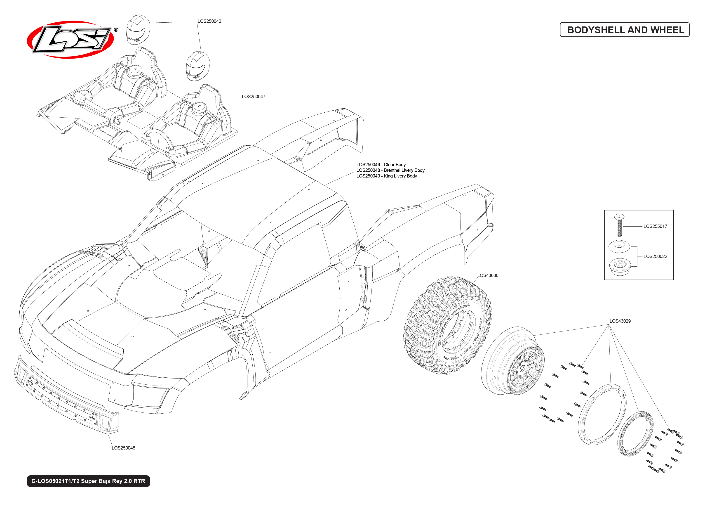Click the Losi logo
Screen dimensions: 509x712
(x=70, y=40)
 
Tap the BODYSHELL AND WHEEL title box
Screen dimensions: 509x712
(x=624, y=30)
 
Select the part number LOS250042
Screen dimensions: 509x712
(x=209, y=21)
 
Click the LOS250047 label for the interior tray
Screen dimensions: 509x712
(x=253, y=97)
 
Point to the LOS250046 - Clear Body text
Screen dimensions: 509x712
(x=381, y=165)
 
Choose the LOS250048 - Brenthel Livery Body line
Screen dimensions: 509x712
(x=390, y=170)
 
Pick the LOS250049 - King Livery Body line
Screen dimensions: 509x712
(x=386, y=176)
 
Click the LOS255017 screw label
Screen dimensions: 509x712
(x=655, y=226)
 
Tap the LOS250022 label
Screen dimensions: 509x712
(x=655, y=256)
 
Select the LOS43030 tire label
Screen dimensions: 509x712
(x=487, y=275)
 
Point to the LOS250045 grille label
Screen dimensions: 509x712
(x=123, y=448)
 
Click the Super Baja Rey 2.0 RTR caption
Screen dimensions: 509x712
(x=88, y=481)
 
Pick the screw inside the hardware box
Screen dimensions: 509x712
(x=619, y=225)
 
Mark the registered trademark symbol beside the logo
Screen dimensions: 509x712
(x=116, y=30)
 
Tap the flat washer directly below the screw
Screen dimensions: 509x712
(x=619, y=246)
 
